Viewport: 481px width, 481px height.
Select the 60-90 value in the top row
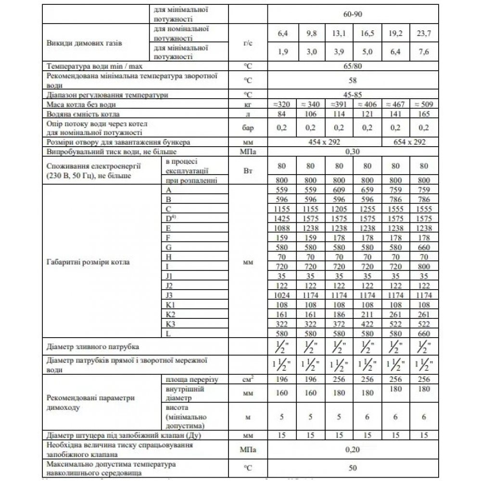click(352, 14)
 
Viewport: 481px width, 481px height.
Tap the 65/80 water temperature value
click(352, 66)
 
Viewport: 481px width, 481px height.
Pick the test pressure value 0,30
click(352, 152)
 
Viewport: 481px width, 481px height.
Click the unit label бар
click(247, 128)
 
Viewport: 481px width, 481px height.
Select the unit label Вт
click(247, 170)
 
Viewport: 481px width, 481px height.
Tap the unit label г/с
click(247, 43)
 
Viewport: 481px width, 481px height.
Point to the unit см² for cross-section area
click(247, 380)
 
